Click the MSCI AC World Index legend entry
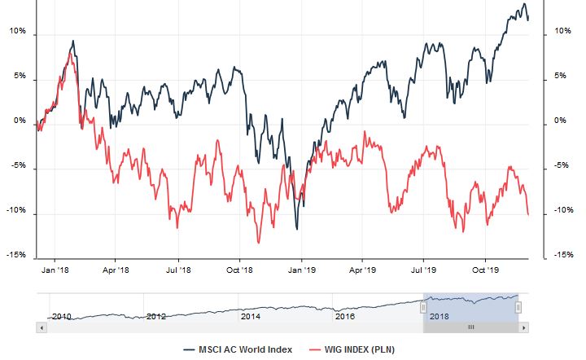coord(245,349)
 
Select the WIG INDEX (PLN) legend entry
coord(357,349)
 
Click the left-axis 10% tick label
coord(18,33)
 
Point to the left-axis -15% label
coord(16,255)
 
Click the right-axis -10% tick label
coord(562,210)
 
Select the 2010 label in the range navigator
coord(61,316)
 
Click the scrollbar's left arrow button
coord(42,327)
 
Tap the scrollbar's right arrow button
coord(523,327)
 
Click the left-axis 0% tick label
coord(20,121)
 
